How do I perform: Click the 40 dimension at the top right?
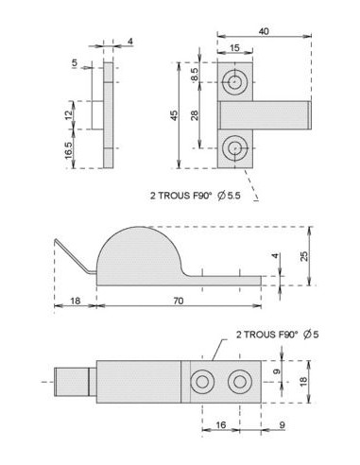tap(264, 31)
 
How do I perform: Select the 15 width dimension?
tap(235, 48)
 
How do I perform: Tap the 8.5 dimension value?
tap(195, 75)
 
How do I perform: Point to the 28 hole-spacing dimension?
tap(195, 115)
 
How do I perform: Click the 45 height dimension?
tap(174, 115)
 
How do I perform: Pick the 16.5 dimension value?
tap(69, 150)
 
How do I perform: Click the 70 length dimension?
tap(179, 301)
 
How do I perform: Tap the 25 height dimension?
tap(304, 256)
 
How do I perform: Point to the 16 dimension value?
tap(221, 425)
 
